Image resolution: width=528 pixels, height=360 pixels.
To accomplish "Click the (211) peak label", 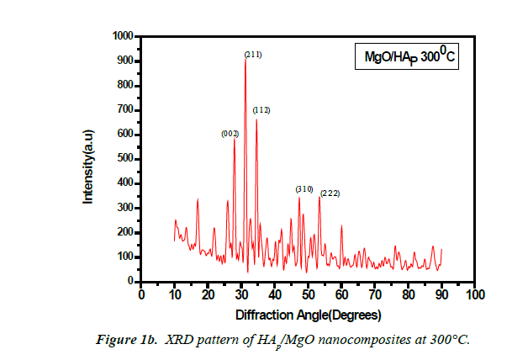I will click(253, 55).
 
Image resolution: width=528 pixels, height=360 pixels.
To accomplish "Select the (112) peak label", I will click(261, 110).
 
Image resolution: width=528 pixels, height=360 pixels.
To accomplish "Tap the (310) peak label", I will click(305, 189).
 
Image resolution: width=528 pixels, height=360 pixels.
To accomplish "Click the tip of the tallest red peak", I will click(245, 60).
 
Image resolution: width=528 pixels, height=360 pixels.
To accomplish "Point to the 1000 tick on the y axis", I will click(122, 36).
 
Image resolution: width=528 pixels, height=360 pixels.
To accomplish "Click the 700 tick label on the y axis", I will click(124, 109).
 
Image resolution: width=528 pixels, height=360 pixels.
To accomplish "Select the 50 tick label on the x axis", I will click(308, 295).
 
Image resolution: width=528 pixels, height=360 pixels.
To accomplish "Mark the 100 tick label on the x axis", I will click(474, 295).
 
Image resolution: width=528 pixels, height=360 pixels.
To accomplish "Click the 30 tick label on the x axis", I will click(241, 295).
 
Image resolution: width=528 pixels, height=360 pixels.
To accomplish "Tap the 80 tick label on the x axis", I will click(408, 295).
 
